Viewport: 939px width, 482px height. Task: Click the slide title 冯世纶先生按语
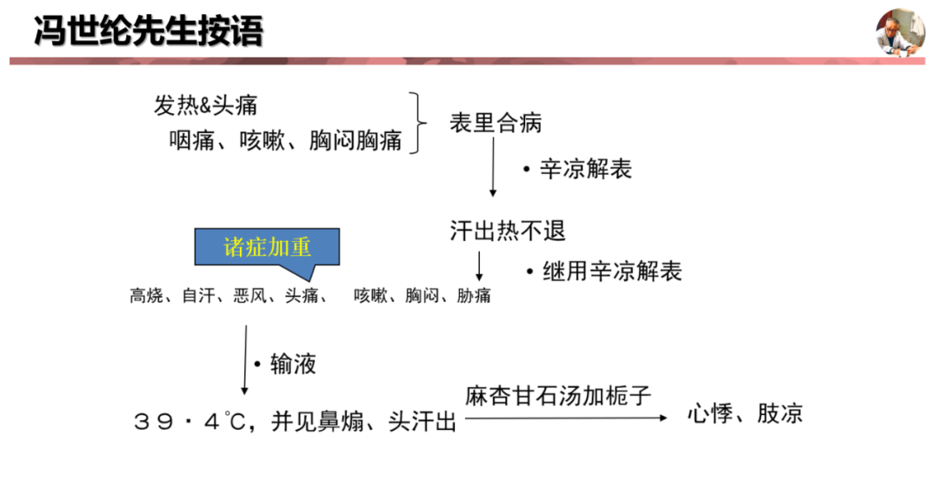148,31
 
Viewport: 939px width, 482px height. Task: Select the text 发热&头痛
205,106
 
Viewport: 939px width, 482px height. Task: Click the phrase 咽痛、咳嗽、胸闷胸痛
285,141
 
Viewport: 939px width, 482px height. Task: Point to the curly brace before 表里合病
422,122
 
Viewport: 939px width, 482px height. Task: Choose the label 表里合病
496,124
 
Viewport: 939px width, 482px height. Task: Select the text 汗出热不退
508,231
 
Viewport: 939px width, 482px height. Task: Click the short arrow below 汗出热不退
478,265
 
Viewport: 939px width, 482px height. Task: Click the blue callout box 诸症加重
267,247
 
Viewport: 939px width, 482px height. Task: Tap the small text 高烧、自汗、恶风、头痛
228,296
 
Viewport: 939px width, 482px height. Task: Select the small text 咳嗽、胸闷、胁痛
422,296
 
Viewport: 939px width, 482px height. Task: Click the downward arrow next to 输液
245,359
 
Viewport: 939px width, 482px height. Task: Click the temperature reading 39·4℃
190,422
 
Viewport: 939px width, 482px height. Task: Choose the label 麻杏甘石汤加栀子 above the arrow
558,396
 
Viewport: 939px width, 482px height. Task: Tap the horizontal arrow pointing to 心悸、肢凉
565,418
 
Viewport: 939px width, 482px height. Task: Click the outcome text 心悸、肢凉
744,413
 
